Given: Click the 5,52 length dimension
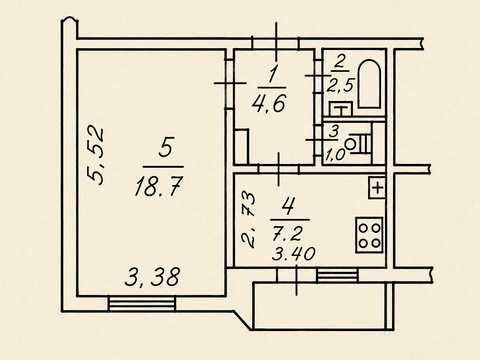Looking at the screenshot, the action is tap(95, 155).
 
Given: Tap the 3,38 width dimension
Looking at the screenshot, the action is tap(152, 277).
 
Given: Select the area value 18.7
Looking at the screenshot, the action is tap(159, 186).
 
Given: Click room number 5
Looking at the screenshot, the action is tap(166, 148).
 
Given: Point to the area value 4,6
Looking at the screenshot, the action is tap(270, 103).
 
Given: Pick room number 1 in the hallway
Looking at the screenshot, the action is tap(273, 75).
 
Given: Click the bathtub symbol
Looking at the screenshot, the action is tap(369, 84).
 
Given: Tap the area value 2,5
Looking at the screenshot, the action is tap(340, 85).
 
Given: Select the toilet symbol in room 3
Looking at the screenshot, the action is tap(359, 143).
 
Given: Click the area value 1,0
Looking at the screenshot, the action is tap(336, 155).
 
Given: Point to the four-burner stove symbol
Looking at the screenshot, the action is tap(369, 235).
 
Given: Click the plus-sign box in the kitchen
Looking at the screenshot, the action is tap(377, 188).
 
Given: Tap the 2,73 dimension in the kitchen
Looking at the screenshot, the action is tap(249, 219).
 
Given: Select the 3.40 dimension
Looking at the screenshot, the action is tap(293, 254).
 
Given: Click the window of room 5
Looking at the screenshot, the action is tap(142, 304).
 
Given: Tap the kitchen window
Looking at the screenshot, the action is tap(337, 275).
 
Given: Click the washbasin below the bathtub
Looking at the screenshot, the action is tap(341, 109).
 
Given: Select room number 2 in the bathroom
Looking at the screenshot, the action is tap(339, 62).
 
